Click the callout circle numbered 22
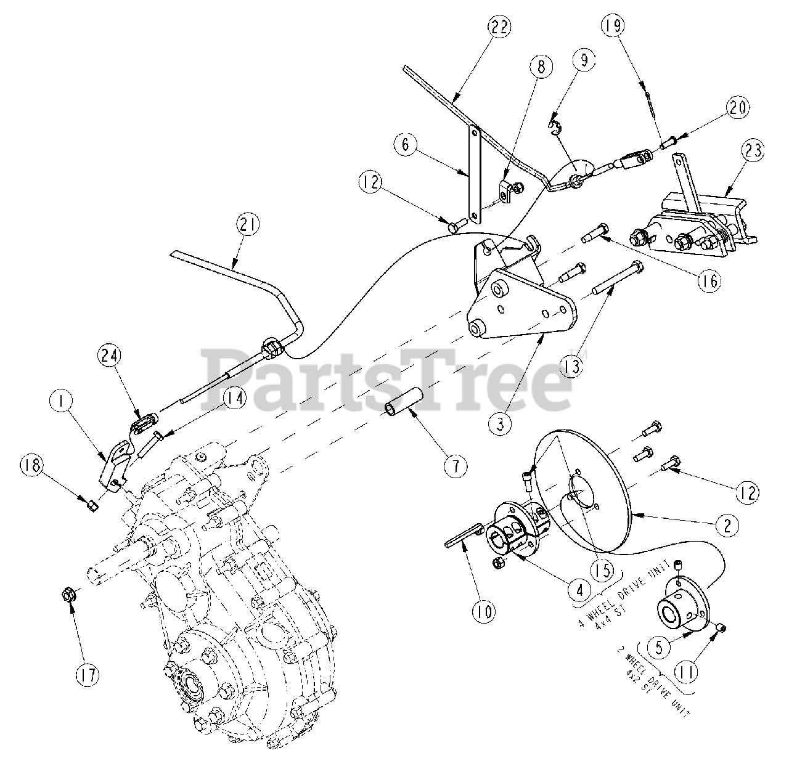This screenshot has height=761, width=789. click(x=499, y=28)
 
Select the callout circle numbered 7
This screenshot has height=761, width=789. click(x=456, y=467)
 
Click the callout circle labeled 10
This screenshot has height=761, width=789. click(x=484, y=611)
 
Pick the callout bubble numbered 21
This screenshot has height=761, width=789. click(x=248, y=225)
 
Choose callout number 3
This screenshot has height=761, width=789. click(x=501, y=424)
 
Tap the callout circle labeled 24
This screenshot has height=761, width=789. click(x=110, y=356)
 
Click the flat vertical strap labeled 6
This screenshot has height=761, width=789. click(x=473, y=175)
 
